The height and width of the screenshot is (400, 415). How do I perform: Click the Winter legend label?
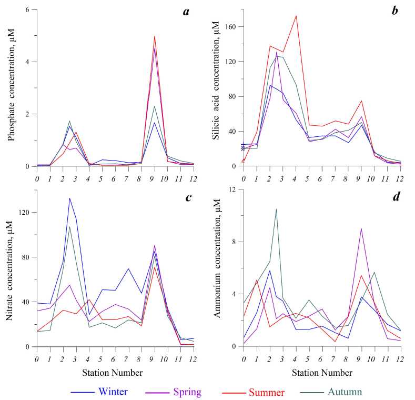coord(113,392)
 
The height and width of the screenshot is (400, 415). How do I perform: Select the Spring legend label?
coord(187,392)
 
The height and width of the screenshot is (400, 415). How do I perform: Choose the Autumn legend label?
coord(345,392)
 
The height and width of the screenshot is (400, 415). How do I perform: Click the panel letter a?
coord(186,12)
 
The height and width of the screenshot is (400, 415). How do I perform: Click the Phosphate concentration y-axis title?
coord(12,88)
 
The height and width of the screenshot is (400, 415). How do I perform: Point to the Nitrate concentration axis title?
coord(12,268)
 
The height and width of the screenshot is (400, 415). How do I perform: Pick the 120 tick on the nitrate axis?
coord(24,213)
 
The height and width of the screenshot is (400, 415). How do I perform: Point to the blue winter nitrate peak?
coord(69,198)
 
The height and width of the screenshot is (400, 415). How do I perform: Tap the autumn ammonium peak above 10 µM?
coord(276,209)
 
